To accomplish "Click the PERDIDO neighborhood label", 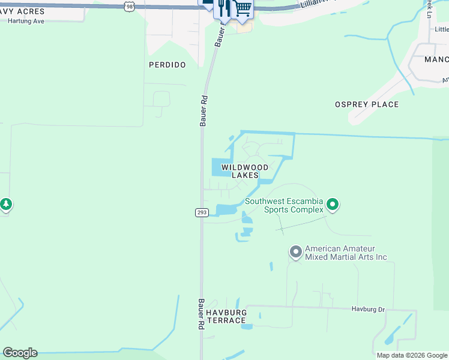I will tap(167, 65).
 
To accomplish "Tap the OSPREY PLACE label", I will tap(367, 104).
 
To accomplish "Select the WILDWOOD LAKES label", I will tap(245, 171).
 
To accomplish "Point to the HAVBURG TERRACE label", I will tap(226, 317).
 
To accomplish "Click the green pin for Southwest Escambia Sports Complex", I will tap(333, 206).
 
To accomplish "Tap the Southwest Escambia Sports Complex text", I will tap(284, 205).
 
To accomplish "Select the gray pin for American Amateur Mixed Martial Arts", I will tap(295, 252).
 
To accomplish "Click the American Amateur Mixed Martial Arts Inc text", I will tap(346, 253).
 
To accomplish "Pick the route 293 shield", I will tap(201, 212).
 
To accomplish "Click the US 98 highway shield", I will tap(130, 6).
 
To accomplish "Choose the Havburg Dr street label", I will tap(368, 310).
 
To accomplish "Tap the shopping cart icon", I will tap(243, 8).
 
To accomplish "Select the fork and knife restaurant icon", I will tap(224, 8).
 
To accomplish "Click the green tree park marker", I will tap(6, 205).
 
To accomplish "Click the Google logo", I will tap(20, 353).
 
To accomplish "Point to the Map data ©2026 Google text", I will tap(411, 355).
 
